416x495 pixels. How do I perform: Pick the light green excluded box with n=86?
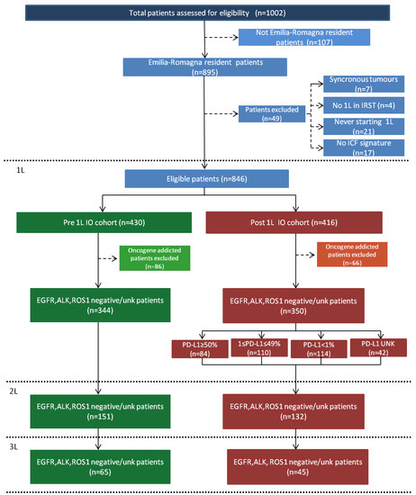[147, 257]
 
